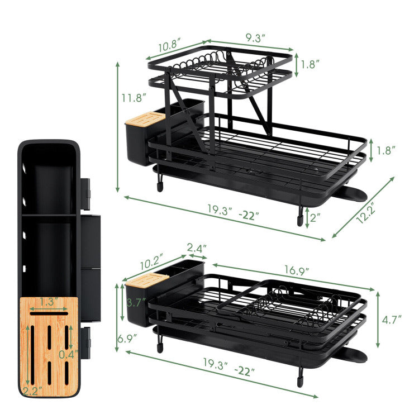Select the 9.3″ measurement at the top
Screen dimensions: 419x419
[x=255, y=37]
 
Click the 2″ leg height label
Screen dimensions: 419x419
[x=316, y=218]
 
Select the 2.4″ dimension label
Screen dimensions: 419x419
[x=197, y=246]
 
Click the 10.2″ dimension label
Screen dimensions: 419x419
[x=151, y=260]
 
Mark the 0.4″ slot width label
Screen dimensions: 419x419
[x=67, y=354]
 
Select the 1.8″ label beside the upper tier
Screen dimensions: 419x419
[x=310, y=64]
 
